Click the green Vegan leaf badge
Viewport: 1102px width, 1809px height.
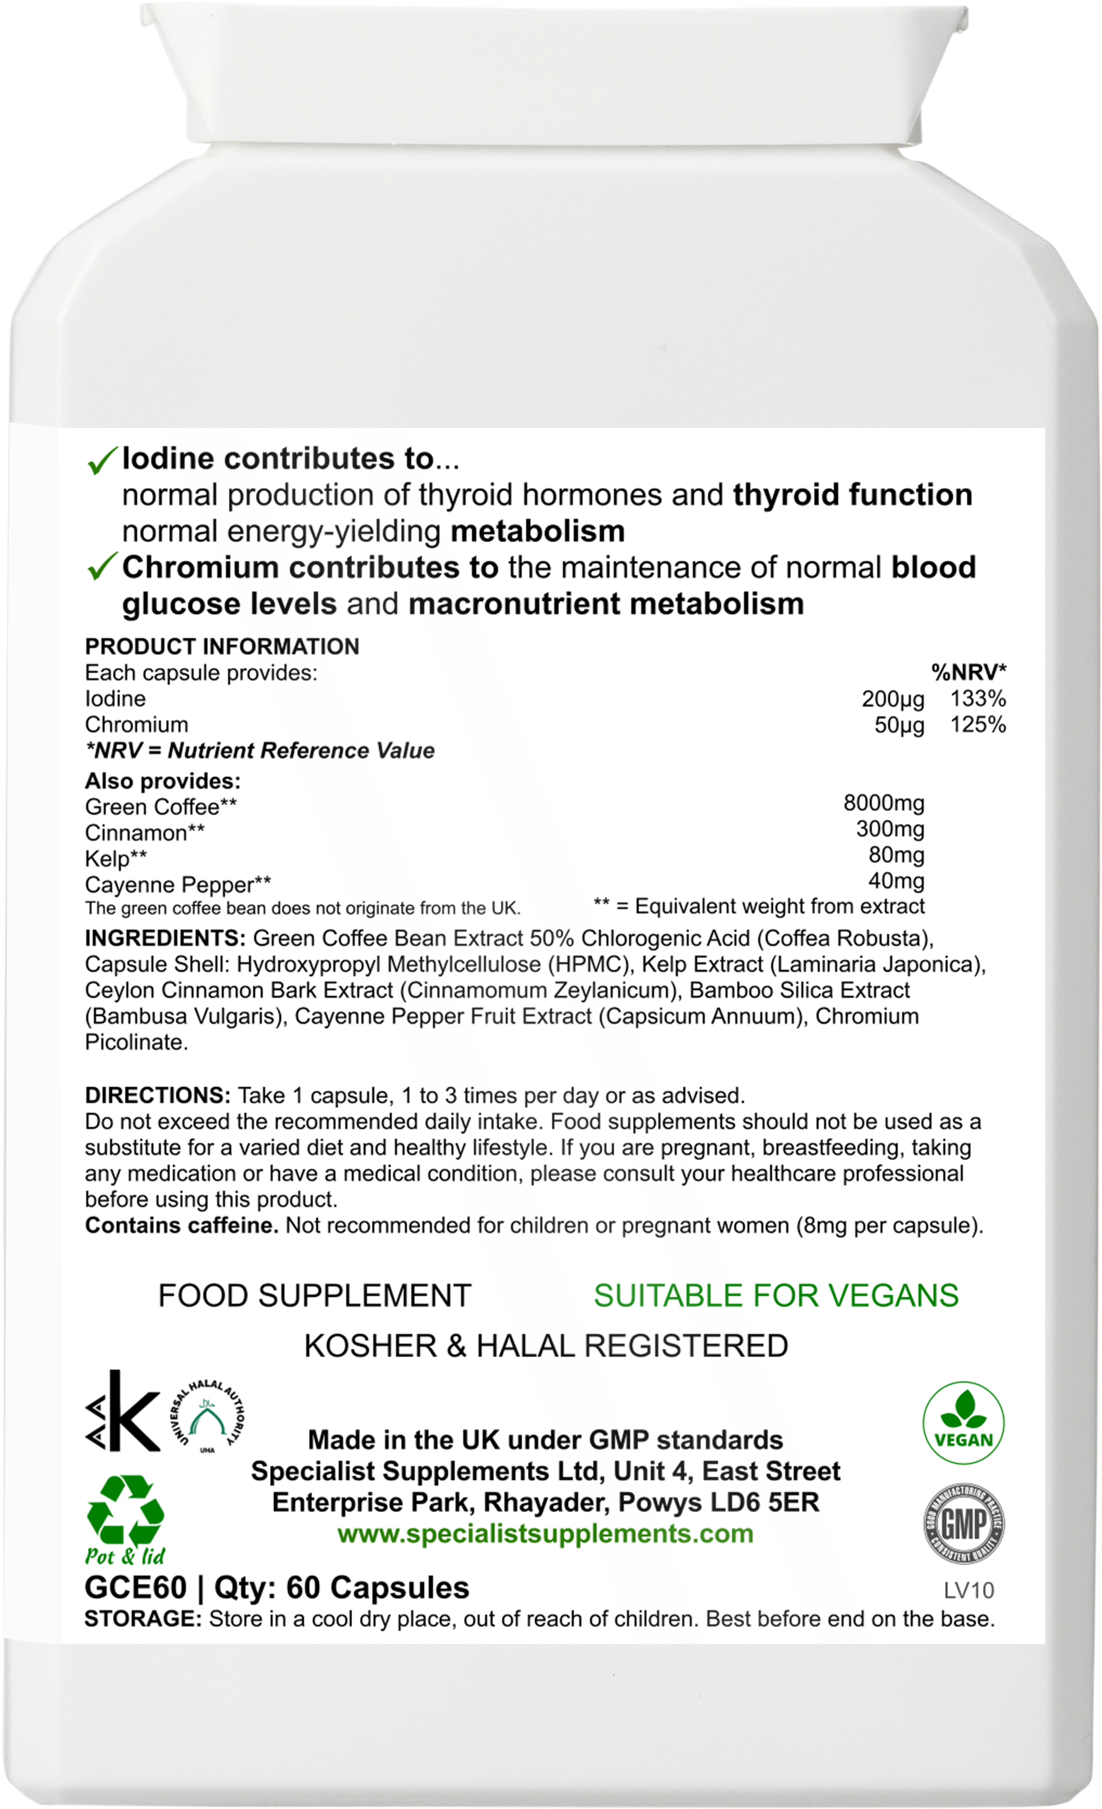click(963, 1424)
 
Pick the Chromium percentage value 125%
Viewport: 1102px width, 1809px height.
click(977, 725)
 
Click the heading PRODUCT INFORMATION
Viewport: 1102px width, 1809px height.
click(222, 646)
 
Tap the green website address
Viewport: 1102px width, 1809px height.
click(545, 1534)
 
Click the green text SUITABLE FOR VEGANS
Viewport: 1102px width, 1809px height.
click(775, 1296)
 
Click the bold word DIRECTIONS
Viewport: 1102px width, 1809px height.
click(158, 1095)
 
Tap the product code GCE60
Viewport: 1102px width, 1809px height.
click(136, 1587)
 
